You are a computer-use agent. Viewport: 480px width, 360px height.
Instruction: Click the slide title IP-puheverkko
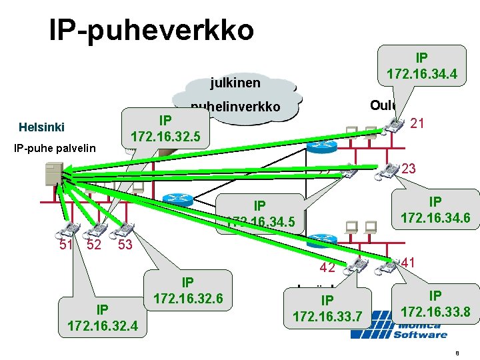(x=151, y=29)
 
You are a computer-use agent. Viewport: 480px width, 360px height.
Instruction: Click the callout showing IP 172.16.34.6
(x=435, y=209)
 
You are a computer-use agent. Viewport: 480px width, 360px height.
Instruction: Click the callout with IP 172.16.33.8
(x=435, y=303)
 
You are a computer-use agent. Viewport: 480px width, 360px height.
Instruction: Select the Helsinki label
(x=41, y=127)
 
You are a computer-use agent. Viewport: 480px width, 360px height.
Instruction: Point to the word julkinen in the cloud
(x=235, y=83)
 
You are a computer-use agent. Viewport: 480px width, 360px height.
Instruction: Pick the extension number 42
(x=326, y=268)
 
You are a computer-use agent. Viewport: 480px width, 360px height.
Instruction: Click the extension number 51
(x=65, y=244)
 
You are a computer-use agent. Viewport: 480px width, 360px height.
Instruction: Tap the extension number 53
(x=125, y=245)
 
